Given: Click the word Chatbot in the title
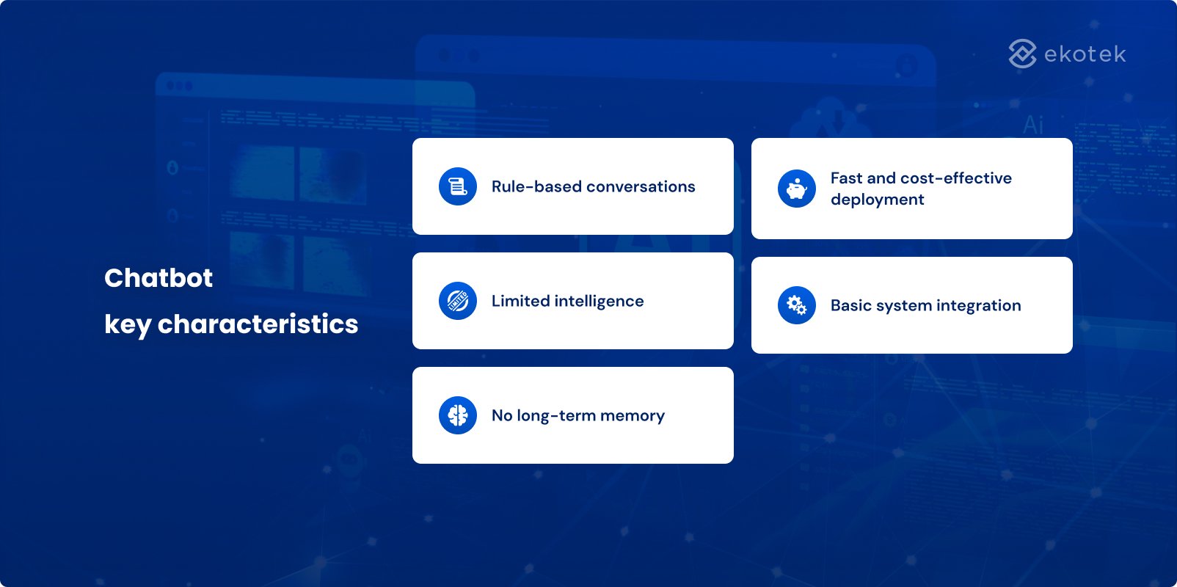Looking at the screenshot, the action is [x=158, y=277].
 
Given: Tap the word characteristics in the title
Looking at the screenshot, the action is [x=258, y=324].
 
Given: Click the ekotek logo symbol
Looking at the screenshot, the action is [x=1022, y=54].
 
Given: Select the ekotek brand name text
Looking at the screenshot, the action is [x=1085, y=54].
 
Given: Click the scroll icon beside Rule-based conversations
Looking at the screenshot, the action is [x=458, y=186].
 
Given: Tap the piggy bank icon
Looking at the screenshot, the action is [x=797, y=189].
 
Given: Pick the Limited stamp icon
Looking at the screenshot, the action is [x=458, y=301].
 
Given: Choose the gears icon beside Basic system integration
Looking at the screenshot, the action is [x=797, y=305].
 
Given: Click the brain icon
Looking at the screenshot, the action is [x=458, y=415].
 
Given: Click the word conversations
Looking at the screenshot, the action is [x=641, y=186].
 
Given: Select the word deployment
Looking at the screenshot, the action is [x=877, y=200].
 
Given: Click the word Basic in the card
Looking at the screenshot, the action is [x=849, y=305].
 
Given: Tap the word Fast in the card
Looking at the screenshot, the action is [x=847, y=178].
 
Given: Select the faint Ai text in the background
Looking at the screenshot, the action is [x=1033, y=125].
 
